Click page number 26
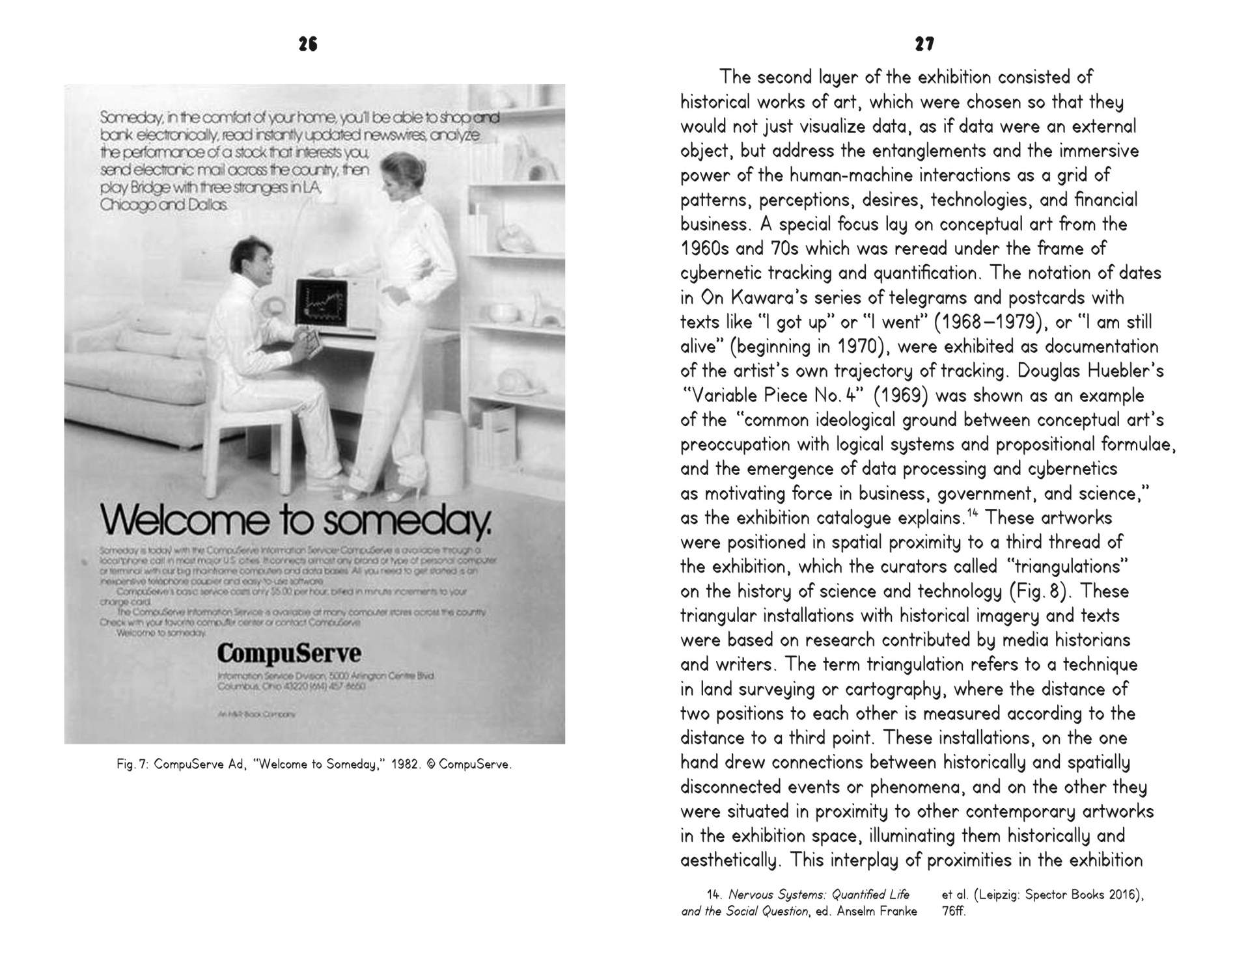(308, 44)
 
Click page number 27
(924, 44)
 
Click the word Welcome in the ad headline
(184, 519)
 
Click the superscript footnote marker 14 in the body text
(972, 514)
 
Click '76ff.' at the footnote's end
(954, 911)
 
